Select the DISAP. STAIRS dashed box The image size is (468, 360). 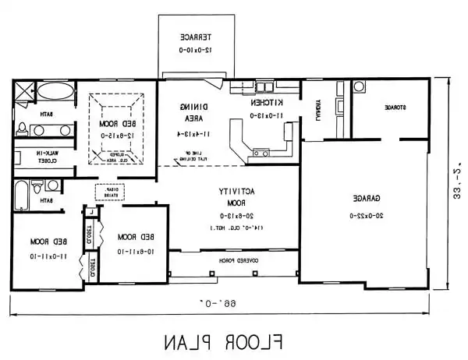click(x=106, y=192)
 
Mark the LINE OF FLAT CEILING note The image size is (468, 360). click(x=185, y=156)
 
